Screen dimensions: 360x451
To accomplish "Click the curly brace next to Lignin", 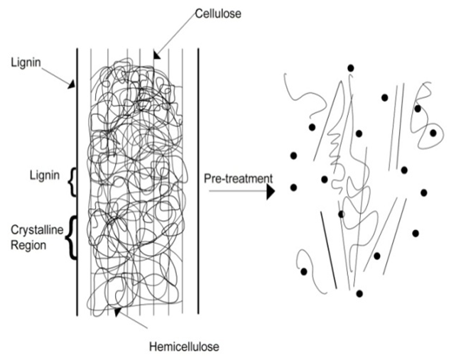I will (x=71, y=184).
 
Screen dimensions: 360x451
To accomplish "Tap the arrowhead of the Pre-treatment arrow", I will (x=271, y=191).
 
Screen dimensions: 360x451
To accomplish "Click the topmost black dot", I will (x=350, y=68).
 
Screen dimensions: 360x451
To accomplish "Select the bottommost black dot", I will (x=359, y=293).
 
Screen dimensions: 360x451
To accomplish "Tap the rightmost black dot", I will (x=433, y=133).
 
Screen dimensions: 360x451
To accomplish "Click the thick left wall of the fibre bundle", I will (x=77, y=185).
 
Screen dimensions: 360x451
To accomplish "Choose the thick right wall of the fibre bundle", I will (x=197, y=185).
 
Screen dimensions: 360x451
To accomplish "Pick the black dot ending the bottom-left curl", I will (x=304, y=271).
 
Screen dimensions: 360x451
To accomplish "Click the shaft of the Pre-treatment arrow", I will (x=234, y=191).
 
